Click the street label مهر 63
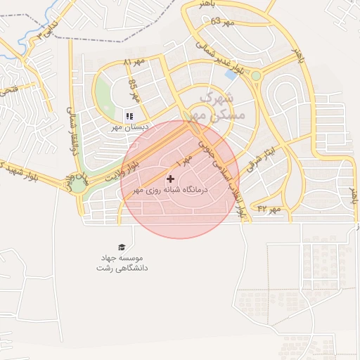pyautogui.click(x=221, y=21)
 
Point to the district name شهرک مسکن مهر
pyautogui.click(x=221, y=105)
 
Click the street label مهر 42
pyautogui.click(x=269, y=209)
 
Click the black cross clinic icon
pyautogui.click(x=170, y=179)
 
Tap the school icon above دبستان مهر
pyautogui.click(x=129, y=116)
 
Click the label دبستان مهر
pyautogui.click(x=127, y=128)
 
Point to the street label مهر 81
pyautogui.click(x=134, y=63)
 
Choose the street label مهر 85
pyautogui.click(x=134, y=90)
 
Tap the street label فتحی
pyautogui.click(x=9, y=91)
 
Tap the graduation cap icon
pyautogui.click(x=122, y=247)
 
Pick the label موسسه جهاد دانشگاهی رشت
pyautogui.click(x=122, y=263)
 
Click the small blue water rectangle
pyautogui.click(x=230, y=73)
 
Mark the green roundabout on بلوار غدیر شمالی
pyautogui.click(x=256, y=75)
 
